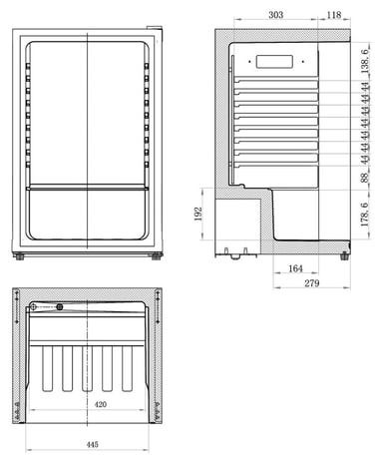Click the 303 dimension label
click(275, 15)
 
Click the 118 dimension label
click(334, 15)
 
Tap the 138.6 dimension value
click(365, 61)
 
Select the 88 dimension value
click(365, 178)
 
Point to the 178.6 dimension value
click(365, 215)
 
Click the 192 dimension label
click(198, 214)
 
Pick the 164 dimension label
click(295, 268)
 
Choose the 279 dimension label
click(312, 283)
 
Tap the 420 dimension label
click(101, 404)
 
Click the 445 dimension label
click(92, 444)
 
